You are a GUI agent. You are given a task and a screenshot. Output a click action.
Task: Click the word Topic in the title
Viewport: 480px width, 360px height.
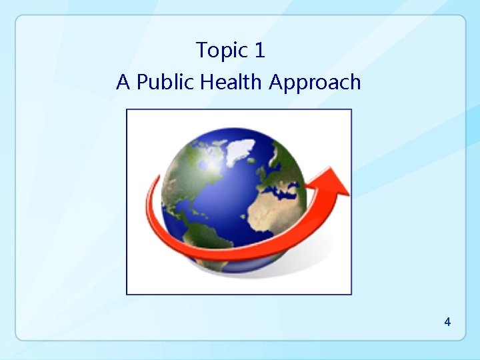pyautogui.click(x=221, y=51)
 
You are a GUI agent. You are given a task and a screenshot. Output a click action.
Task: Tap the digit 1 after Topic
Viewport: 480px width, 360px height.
pyautogui.click(x=260, y=50)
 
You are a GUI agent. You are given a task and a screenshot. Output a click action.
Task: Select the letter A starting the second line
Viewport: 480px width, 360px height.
pyautogui.click(x=123, y=83)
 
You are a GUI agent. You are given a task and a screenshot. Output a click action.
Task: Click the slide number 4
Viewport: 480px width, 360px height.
pyautogui.click(x=447, y=322)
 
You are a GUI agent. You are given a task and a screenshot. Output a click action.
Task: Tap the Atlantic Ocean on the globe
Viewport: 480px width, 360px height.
pyautogui.click(x=233, y=200)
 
